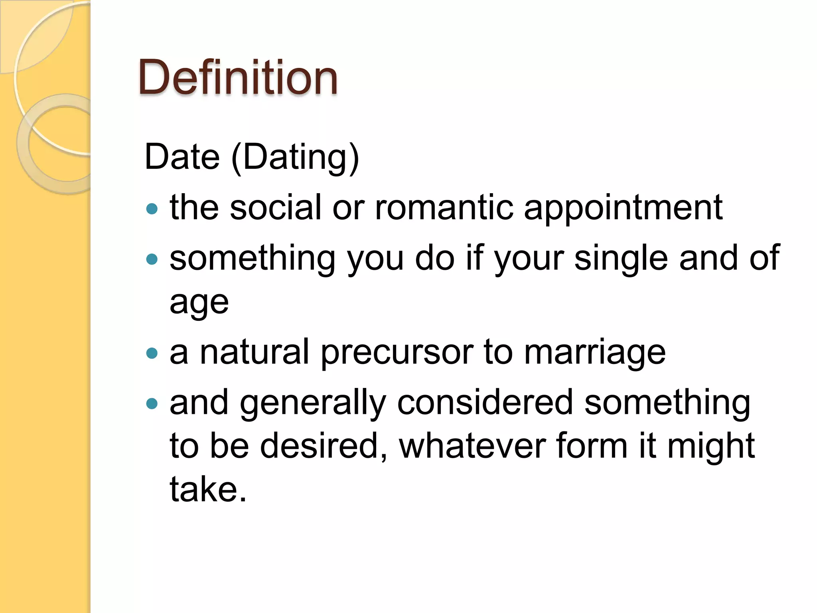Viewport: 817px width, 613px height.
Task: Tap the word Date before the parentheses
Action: (x=182, y=157)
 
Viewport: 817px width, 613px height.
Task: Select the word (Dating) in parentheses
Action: (x=295, y=158)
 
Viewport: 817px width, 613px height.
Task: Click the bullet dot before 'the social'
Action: (x=152, y=208)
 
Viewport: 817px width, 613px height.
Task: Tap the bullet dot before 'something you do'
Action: (x=152, y=260)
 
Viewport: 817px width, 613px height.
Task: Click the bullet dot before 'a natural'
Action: (x=152, y=353)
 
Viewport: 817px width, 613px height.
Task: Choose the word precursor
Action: (x=397, y=353)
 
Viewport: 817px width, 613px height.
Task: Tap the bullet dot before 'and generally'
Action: (x=152, y=404)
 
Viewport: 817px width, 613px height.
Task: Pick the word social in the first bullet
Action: (x=276, y=208)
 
